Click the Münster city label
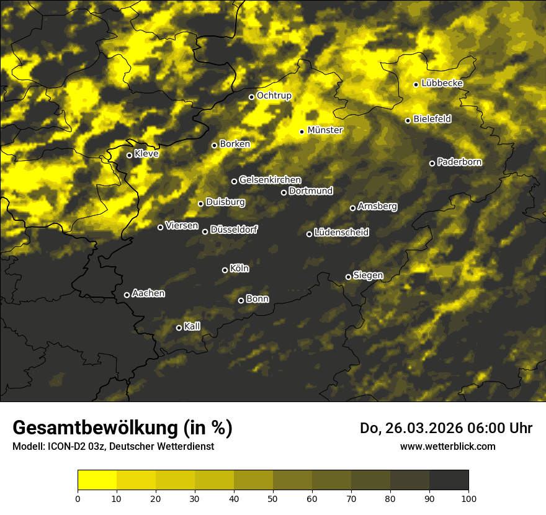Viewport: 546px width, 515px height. pos(325,130)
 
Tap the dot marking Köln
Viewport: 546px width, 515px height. pos(225,270)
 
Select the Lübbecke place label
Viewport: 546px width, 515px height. pos(442,83)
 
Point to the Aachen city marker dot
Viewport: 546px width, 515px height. pos(127,295)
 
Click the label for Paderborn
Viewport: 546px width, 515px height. pos(459,162)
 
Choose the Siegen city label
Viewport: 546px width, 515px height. pos(368,275)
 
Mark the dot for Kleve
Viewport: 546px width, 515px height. pos(129,155)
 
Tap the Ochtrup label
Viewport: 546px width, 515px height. pos(274,96)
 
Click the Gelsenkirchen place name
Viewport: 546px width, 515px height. pos(270,180)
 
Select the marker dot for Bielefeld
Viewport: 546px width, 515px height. pos(408,120)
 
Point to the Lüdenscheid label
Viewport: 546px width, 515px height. pos(341,233)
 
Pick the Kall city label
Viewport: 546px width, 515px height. pos(192,326)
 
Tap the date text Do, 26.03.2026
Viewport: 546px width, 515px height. pos(410,428)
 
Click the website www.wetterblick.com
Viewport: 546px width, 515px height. pos(447,446)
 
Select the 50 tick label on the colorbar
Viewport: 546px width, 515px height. pos(273,498)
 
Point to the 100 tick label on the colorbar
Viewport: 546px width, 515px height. pos(468,498)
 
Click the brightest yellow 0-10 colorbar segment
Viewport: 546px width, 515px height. pos(97,480)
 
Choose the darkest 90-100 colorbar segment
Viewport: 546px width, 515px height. pos(449,480)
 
